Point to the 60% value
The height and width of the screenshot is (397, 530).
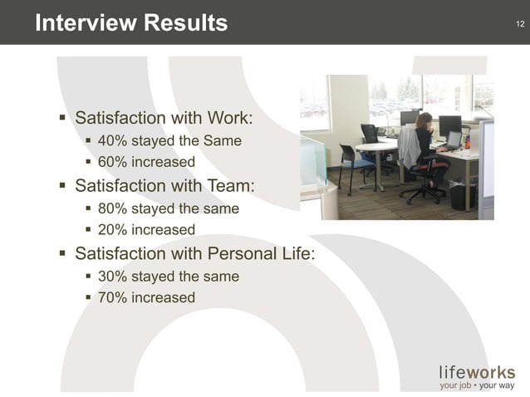(111, 162)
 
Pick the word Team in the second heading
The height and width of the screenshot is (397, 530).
(229, 184)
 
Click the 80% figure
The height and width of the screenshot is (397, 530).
(111, 208)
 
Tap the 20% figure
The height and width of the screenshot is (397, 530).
(111, 229)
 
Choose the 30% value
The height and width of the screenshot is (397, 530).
(111, 276)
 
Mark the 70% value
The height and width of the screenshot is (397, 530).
(111, 297)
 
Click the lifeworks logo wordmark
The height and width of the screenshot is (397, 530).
(477, 372)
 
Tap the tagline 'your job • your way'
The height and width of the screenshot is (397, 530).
(477, 385)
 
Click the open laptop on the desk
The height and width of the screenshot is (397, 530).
(454, 140)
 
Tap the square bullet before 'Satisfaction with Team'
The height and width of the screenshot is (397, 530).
(62, 184)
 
